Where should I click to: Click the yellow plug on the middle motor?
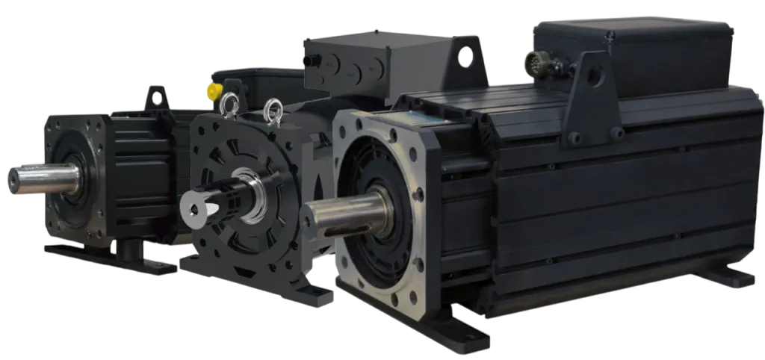(212, 92)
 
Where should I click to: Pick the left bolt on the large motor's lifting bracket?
(573, 137)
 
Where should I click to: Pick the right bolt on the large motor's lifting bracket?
(617, 133)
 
